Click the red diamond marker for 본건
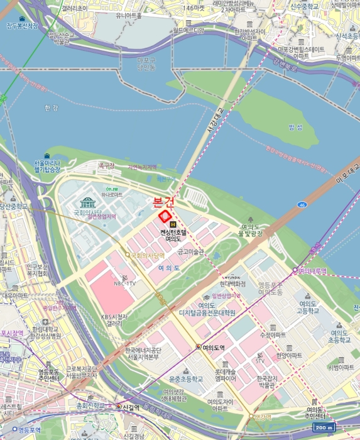[x=165, y=217]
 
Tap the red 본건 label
[x=163, y=202]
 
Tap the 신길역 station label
[x=131, y=407]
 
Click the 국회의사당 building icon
[x=87, y=202]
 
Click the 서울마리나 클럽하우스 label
[x=47, y=167]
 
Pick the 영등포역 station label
[x=29, y=430]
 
